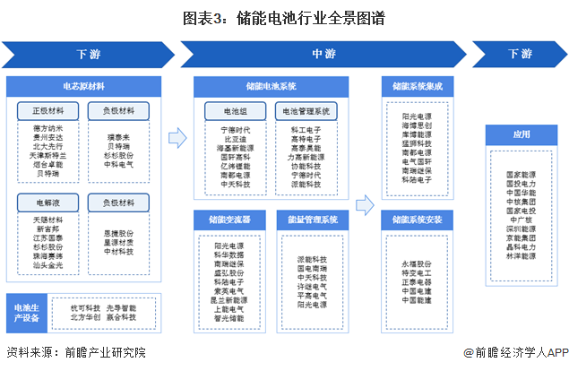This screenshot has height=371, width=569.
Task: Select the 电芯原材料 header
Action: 88,87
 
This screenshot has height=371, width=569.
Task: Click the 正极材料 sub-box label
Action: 49,111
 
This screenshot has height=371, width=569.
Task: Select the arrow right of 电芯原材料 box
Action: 177,137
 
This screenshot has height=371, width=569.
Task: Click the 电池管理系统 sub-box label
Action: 306,111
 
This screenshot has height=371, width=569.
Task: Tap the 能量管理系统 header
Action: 312,219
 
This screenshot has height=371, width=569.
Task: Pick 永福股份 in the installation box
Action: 416,264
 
